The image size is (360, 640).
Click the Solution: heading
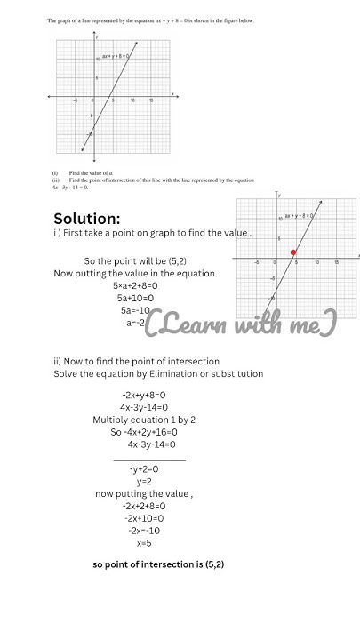87,219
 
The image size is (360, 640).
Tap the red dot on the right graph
293,252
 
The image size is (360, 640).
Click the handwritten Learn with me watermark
241,324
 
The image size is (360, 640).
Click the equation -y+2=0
144,468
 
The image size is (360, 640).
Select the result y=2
144,481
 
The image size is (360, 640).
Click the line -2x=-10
144,531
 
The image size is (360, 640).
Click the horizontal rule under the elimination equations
150,460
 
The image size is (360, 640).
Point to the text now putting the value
144,493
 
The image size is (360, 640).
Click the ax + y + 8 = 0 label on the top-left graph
115,57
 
